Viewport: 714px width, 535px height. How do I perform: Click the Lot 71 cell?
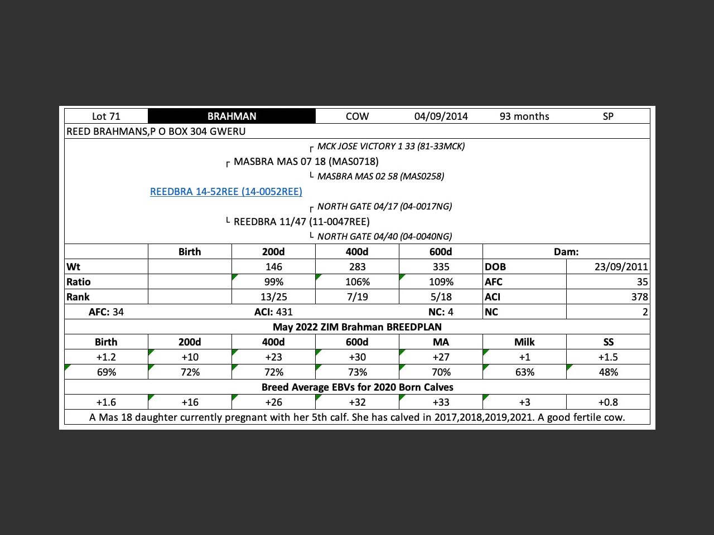point(106,116)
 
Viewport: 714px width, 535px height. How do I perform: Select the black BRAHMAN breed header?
point(231,116)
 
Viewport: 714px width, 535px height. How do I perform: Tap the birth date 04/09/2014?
point(441,116)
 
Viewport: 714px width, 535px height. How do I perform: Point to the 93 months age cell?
point(524,116)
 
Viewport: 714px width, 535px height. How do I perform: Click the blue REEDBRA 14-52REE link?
point(226,192)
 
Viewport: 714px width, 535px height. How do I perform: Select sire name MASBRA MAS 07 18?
point(306,162)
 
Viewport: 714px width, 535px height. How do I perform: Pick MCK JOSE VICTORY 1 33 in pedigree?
point(390,147)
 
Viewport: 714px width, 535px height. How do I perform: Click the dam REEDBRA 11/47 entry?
point(301,222)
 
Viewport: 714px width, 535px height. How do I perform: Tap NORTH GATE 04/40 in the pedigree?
point(384,237)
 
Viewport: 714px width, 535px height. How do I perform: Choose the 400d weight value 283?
point(357,267)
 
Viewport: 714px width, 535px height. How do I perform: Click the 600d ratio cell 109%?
point(441,282)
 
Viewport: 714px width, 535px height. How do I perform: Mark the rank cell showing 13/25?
point(273,297)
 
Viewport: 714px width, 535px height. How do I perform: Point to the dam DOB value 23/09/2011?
point(621,267)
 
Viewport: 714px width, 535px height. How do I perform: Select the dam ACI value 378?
point(639,297)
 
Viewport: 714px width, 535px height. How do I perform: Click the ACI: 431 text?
point(273,312)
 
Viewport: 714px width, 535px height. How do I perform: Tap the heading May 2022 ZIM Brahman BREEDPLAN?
point(357,327)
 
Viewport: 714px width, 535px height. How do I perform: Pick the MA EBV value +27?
point(441,357)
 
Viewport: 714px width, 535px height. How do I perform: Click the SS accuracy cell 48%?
point(608,372)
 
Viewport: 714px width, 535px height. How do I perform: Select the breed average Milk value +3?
point(524,402)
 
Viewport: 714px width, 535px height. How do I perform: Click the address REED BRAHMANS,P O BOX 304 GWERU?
point(156,132)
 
